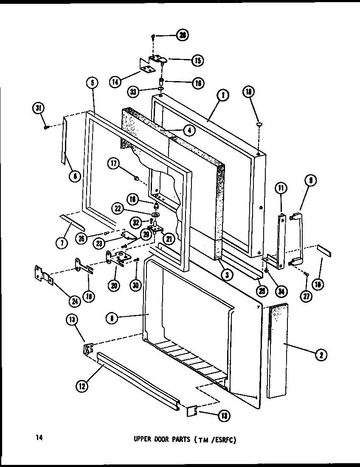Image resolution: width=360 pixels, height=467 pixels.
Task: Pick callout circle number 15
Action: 197,60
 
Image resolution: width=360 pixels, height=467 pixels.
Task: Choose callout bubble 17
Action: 113,164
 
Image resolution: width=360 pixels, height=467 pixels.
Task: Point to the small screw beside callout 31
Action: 47,127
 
